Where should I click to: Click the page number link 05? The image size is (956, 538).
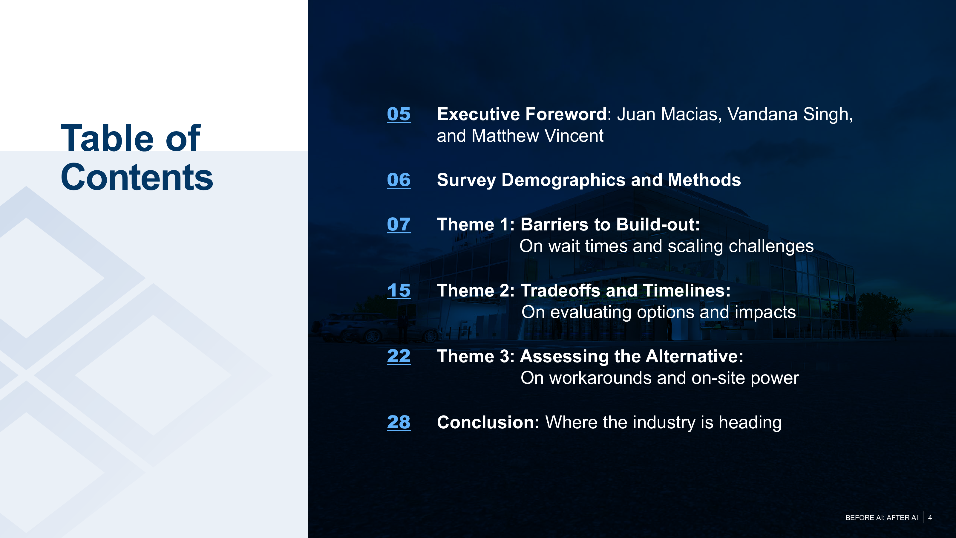[x=399, y=114]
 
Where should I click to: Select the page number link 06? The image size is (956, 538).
[x=399, y=180]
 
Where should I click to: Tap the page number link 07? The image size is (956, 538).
[x=399, y=224]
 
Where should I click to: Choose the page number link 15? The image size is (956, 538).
[x=399, y=290]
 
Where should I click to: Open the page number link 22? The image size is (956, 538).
[x=399, y=357]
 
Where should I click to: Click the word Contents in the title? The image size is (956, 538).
[x=137, y=178]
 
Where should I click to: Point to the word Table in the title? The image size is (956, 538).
[x=107, y=138]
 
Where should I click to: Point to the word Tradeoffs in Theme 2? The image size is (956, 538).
[x=560, y=290]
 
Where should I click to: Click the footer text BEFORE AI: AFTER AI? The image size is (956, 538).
[x=881, y=518]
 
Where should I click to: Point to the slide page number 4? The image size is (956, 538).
[x=930, y=518]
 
